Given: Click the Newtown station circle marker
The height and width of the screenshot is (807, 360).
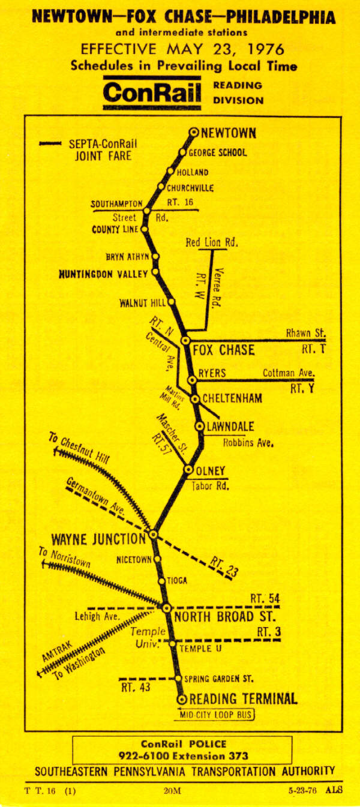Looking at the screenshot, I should (194, 133).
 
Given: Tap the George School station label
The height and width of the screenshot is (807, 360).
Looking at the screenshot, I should (218, 152).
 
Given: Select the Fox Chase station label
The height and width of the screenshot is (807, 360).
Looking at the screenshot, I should (223, 350).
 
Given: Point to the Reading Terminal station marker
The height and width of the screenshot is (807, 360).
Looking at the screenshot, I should (182, 699).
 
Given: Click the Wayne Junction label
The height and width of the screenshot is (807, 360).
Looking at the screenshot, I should (98, 538).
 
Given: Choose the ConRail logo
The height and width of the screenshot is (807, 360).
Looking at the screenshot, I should (154, 92).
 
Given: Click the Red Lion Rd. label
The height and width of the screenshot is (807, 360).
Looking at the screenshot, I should (211, 243).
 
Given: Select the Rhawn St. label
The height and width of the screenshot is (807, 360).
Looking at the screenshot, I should (306, 333).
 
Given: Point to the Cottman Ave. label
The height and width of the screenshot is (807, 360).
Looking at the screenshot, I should (288, 373).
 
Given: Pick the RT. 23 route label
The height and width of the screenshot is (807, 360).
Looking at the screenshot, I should (223, 566).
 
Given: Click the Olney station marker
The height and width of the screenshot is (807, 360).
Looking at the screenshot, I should (189, 470).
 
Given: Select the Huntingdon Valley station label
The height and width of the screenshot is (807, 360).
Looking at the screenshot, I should (103, 274).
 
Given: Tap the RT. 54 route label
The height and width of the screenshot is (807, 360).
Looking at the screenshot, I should (265, 598).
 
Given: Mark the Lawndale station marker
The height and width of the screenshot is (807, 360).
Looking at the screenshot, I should (200, 425).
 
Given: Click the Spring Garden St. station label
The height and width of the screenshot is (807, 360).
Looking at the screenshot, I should (219, 679).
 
